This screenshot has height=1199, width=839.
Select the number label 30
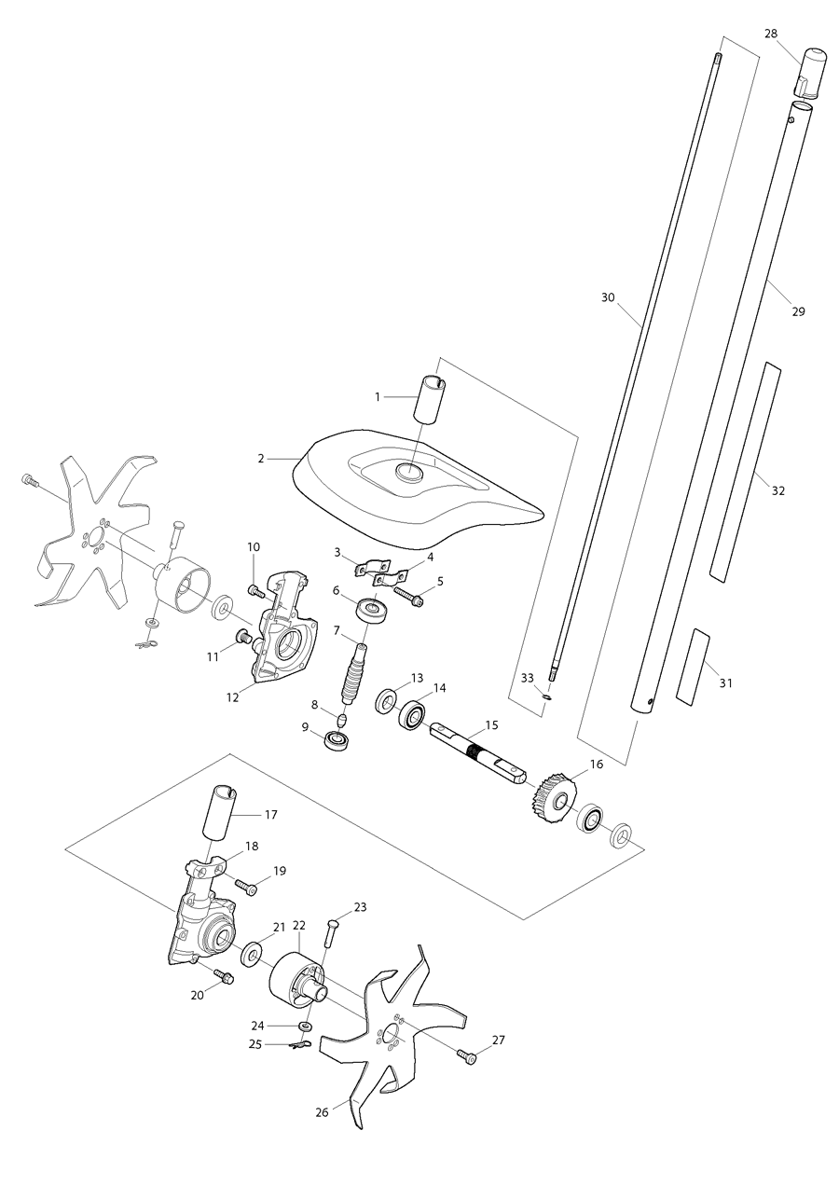[x=609, y=297]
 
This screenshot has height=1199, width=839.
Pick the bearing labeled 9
[x=337, y=741]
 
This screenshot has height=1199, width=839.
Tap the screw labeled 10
[x=257, y=590]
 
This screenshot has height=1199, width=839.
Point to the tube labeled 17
[x=221, y=812]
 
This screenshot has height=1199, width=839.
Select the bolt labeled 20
[x=224, y=975]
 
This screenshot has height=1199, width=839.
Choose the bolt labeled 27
[x=466, y=1056]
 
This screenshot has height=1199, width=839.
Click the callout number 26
[x=322, y=1112]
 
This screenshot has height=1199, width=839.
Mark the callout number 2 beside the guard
[x=262, y=459]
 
